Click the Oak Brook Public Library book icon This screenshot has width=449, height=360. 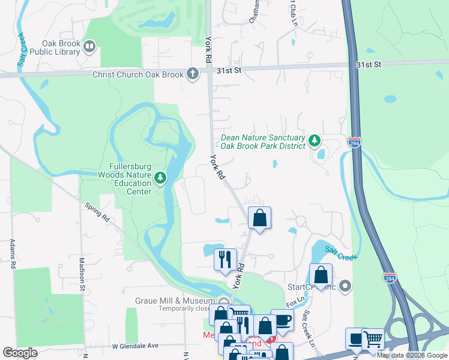click(89, 46)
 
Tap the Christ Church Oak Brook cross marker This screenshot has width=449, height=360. click(192, 74)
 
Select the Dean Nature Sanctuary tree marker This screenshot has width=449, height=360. click(313, 141)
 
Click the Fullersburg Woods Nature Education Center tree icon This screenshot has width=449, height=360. click(160, 178)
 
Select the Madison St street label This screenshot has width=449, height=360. click(82, 274)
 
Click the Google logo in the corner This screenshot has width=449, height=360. click(20, 353)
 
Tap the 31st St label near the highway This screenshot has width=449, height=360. click(367, 64)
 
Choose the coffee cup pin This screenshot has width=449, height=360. click(282, 320)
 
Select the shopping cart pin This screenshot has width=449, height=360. click(373, 340)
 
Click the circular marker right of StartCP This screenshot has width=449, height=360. click(345, 286)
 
